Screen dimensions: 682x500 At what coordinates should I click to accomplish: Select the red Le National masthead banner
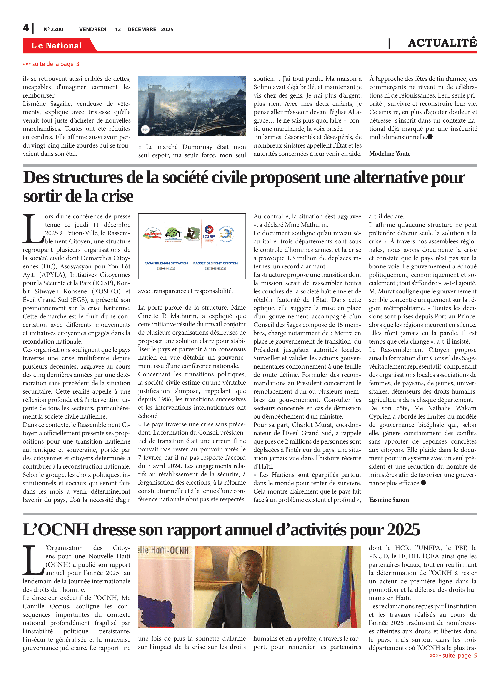point(57,45)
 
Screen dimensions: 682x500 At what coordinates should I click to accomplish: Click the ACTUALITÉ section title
point(442,43)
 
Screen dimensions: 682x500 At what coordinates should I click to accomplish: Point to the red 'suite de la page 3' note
point(51,64)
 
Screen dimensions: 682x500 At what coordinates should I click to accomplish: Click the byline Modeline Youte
point(390,154)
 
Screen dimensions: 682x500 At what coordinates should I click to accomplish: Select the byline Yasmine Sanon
point(389,500)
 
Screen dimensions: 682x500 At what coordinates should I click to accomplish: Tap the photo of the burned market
point(192,106)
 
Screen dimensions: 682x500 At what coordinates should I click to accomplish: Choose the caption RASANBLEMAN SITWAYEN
point(166,263)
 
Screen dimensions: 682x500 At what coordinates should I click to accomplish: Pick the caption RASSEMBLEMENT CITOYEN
point(215,263)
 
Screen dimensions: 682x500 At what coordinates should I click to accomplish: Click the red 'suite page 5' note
point(453,656)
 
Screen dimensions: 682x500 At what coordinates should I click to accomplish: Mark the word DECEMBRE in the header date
point(142,29)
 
